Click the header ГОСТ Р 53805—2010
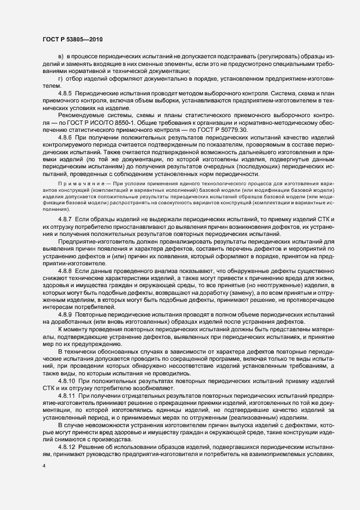click(72, 40)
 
